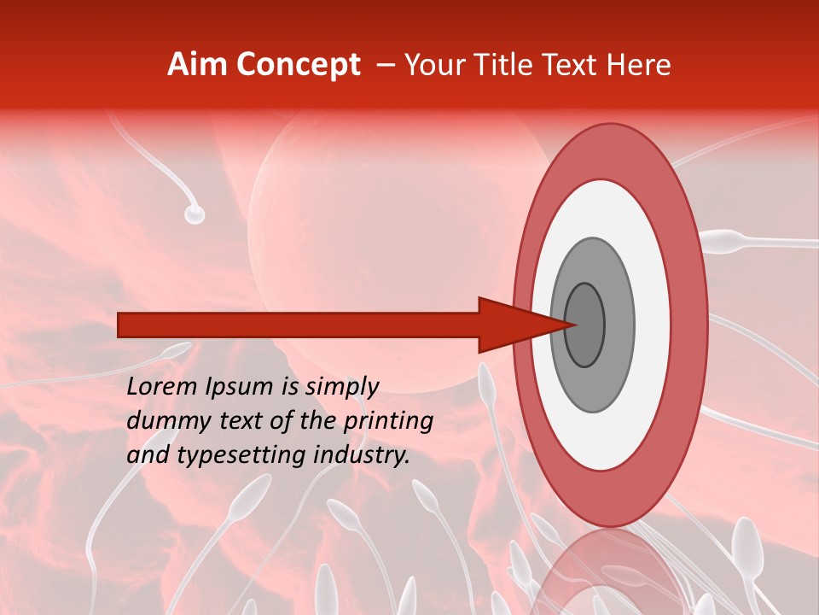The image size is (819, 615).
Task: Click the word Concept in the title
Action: tap(298, 65)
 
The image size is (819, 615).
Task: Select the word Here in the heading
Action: tap(640, 65)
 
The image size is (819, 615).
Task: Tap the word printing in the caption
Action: tap(388, 422)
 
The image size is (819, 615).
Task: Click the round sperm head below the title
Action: tap(195, 214)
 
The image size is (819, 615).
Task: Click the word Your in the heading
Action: tap(433, 65)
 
